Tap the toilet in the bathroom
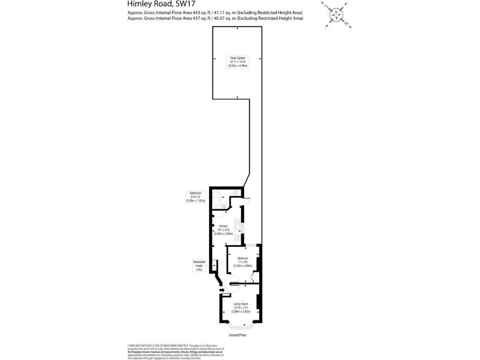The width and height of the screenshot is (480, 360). click(236, 193)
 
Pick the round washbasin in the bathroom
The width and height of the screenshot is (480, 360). click(225, 207)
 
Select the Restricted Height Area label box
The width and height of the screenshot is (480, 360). click(199, 266)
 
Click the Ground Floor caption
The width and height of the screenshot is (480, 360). click(238, 335)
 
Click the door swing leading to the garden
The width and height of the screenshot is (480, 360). click(247, 202)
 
